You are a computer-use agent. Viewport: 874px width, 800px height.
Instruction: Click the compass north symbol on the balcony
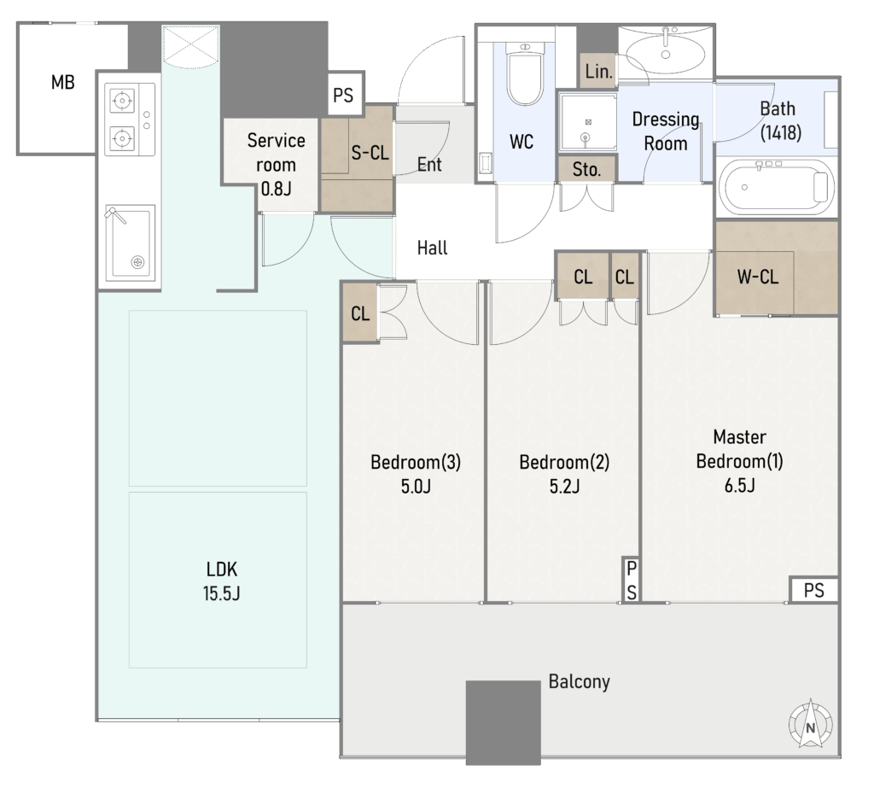tap(811, 724)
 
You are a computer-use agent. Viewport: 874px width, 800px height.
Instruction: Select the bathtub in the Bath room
tap(777, 187)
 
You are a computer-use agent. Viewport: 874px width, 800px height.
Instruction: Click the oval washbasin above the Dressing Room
tap(665, 50)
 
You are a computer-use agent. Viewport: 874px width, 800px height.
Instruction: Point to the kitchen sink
tap(131, 243)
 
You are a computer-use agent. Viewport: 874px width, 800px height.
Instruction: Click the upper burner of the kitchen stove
tap(122, 101)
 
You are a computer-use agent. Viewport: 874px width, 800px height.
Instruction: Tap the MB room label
tap(62, 83)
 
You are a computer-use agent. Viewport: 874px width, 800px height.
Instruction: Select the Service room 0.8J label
tap(276, 165)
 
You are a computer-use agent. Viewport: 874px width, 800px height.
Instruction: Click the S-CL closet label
tap(370, 152)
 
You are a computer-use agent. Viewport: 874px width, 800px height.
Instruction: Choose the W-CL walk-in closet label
tap(758, 277)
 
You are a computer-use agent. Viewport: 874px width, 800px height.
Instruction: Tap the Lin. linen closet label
tap(598, 72)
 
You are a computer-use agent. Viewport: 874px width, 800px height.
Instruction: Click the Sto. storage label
tap(586, 169)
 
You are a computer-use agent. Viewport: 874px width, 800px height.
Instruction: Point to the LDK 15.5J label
tap(221, 581)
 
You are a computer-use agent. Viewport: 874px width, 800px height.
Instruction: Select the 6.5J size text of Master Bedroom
tap(740, 486)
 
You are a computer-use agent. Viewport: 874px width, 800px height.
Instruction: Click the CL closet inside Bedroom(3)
tap(360, 314)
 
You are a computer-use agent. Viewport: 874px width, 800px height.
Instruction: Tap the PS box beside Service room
tap(343, 95)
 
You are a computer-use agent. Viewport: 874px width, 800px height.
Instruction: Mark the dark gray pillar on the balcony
tap(504, 722)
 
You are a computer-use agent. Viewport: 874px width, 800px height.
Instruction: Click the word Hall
tap(432, 248)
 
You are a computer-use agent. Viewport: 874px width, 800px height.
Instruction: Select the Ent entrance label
tap(429, 165)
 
